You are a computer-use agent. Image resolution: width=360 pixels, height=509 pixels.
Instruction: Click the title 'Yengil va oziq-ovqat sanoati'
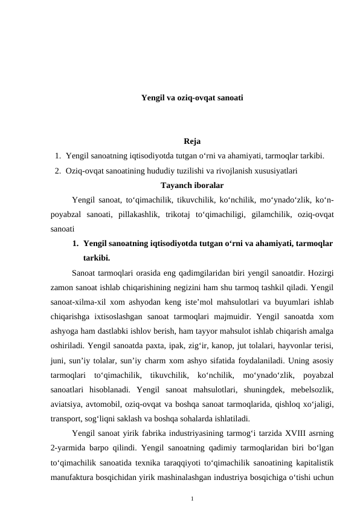tap(192, 97)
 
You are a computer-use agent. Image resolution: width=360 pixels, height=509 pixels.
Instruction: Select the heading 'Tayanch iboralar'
tap(192, 185)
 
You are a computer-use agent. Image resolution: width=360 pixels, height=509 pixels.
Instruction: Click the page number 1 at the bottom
tap(192, 499)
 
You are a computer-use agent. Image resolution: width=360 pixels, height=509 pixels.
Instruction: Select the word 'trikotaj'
tap(176, 214)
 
